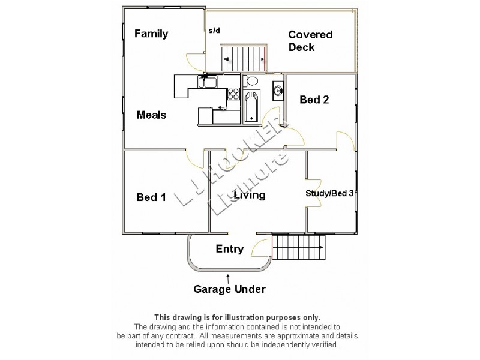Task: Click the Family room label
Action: [x=151, y=34]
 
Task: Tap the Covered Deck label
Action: [x=310, y=41]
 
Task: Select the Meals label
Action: [x=151, y=115]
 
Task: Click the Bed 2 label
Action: [x=314, y=100]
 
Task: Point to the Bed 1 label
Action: [x=151, y=197]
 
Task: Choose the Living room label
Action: [x=250, y=195]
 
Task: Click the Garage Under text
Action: [x=229, y=289]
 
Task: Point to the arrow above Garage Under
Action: [x=228, y=277]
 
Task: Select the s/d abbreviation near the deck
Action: [x=214, y=31]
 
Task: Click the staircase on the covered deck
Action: [x=244, y=58]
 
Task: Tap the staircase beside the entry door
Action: [x=298, y=247]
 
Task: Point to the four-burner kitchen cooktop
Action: [x=233, y=94]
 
